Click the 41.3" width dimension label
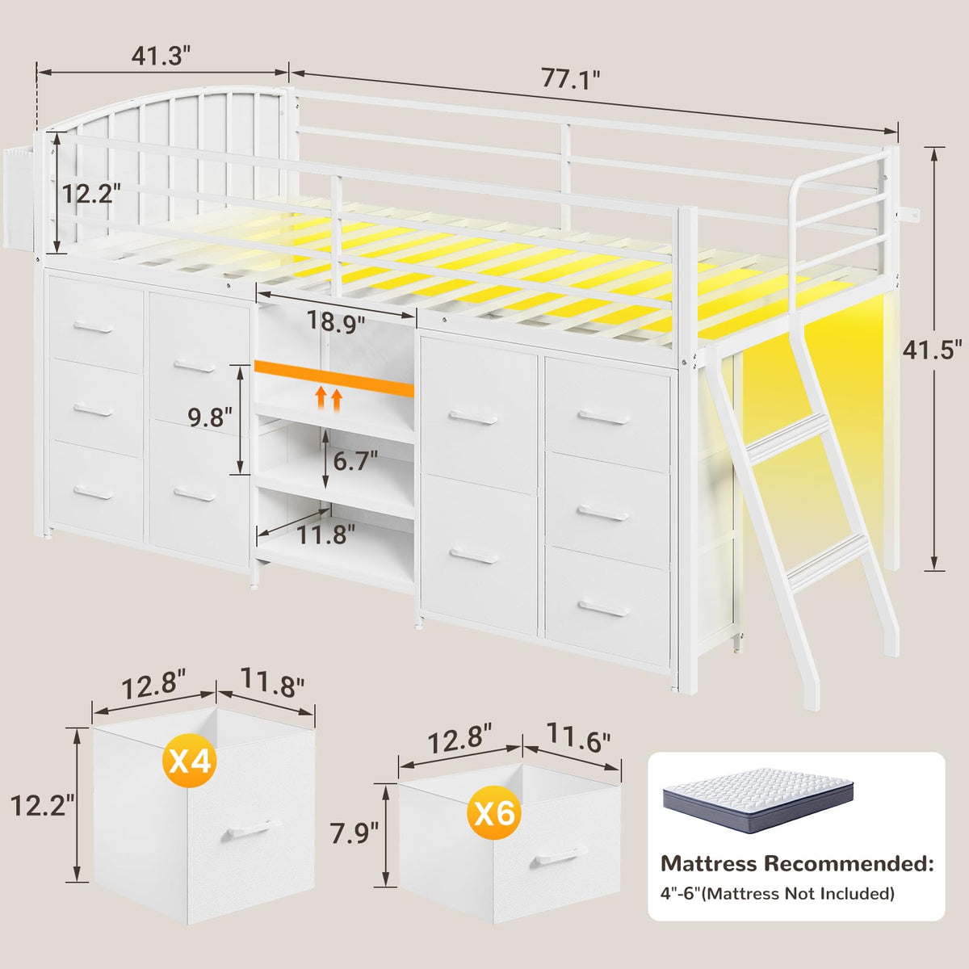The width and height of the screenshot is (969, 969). [x=161, y=56]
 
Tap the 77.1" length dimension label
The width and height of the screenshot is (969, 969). [x=571, y=78]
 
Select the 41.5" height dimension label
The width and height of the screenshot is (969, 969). [x=933, y=350]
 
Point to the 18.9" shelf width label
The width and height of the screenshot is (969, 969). [x=335, y=321]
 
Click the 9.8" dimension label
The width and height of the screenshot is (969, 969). [x=210, y=417]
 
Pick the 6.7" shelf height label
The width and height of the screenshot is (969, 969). [x=355, y=461]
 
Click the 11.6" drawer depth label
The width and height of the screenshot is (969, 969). [x=578, y=738]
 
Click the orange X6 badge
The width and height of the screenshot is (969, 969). [x=494, y=812]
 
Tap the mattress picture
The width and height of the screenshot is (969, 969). [x=757, y=800]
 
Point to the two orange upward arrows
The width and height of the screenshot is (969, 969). [x=329, y=399]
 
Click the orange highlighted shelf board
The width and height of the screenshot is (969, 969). [x=333, y=378]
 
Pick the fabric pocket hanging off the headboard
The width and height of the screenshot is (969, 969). [x=19, y=197]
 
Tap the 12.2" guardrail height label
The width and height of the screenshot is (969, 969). [x=91, y=193]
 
